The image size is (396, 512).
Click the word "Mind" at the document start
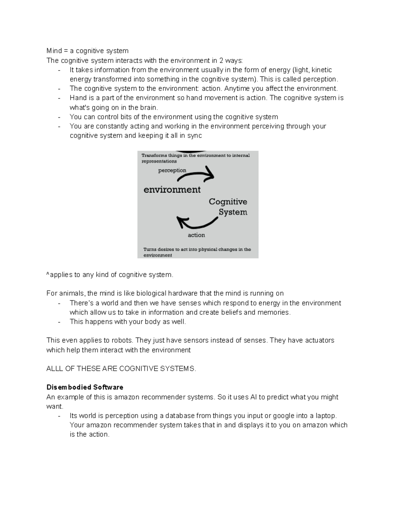coord(54,51)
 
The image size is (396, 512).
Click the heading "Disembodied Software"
coord(85,387)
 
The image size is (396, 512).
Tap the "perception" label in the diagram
coord(172,170)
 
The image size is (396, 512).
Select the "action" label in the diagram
coord(196,235)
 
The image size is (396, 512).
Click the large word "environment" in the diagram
coord(172,190)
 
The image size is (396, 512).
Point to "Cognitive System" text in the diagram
coord(228,207)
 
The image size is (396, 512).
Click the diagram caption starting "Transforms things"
coord(195,158)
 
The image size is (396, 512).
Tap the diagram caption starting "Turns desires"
coord(197,252)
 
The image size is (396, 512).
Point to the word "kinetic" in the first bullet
coord(322,70)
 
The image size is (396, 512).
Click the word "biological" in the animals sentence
coord(151,293)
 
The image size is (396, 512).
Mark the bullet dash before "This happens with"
coord(59,322)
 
